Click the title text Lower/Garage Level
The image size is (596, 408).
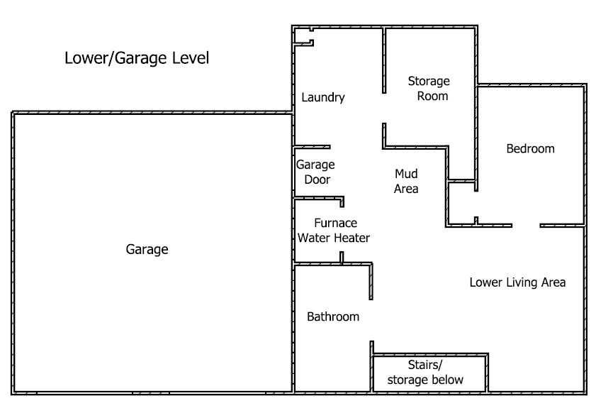[x=137, y=58]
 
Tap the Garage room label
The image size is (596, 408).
[x=147, y=249]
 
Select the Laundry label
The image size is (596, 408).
[x=323, y=97]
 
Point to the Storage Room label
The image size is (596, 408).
[x=429, y=88]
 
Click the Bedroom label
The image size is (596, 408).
[x=530, y=148]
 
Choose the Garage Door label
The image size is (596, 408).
[x=315, y=172]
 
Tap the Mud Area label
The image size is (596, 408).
[x=406, y=181]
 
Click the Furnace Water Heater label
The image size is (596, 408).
[x=334, y=231]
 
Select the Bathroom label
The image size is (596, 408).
[x=333, y=316]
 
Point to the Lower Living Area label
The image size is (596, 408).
[x=517, y=282]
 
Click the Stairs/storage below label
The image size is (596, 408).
[x=425, y=373]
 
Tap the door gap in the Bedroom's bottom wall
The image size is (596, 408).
[x=526, y=226]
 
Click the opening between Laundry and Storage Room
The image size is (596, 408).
[x=384, y=108]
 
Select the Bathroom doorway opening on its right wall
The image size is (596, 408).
[x=371, y=320]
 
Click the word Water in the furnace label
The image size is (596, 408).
[x=310, y=238]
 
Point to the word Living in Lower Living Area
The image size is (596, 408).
[x=518, y=282]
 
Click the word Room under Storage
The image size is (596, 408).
[x=432, y=96]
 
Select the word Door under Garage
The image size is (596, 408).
[x=317, y=180]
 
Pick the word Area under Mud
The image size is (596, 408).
[x=406, y=189]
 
